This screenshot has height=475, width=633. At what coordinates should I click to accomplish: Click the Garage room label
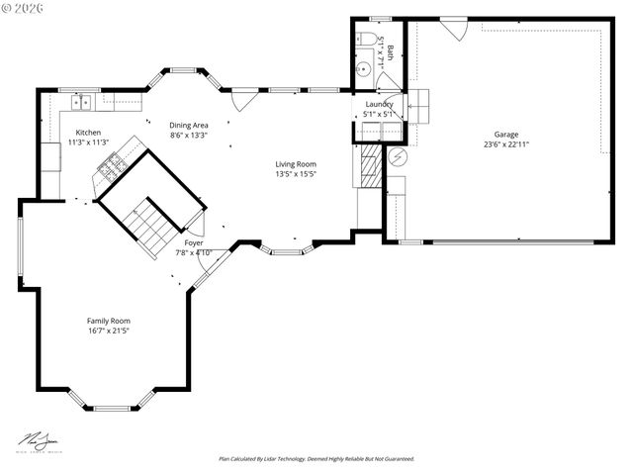tap(506, 135)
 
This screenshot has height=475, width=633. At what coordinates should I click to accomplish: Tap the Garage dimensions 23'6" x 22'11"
tap(506, 144)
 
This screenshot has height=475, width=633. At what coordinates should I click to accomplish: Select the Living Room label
tap(296, 164)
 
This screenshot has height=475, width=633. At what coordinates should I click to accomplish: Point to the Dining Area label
tap(188, 125)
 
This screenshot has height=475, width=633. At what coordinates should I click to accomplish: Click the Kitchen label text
tap(88, 133)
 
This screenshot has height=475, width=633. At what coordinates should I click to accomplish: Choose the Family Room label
tap(108, 321)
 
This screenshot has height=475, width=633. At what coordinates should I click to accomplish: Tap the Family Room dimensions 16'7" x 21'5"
tap(108, 332)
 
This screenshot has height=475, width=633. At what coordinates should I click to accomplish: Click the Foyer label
tap(194, 242)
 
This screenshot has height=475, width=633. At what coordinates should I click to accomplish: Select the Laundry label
tap(379, 104)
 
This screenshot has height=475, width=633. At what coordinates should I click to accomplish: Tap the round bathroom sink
tap(363, 69)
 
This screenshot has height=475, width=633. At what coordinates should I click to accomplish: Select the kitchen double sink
tap(81, 101)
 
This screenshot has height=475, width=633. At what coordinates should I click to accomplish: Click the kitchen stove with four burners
tap(111, 167)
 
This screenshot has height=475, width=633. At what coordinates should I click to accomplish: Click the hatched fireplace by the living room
tap(369, 167)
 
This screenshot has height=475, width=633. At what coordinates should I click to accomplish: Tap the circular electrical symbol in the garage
tap(397, 158)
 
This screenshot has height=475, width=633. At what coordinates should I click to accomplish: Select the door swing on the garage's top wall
tap(453, 30)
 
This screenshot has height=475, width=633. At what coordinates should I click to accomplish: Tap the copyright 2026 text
tap(25, 8)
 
